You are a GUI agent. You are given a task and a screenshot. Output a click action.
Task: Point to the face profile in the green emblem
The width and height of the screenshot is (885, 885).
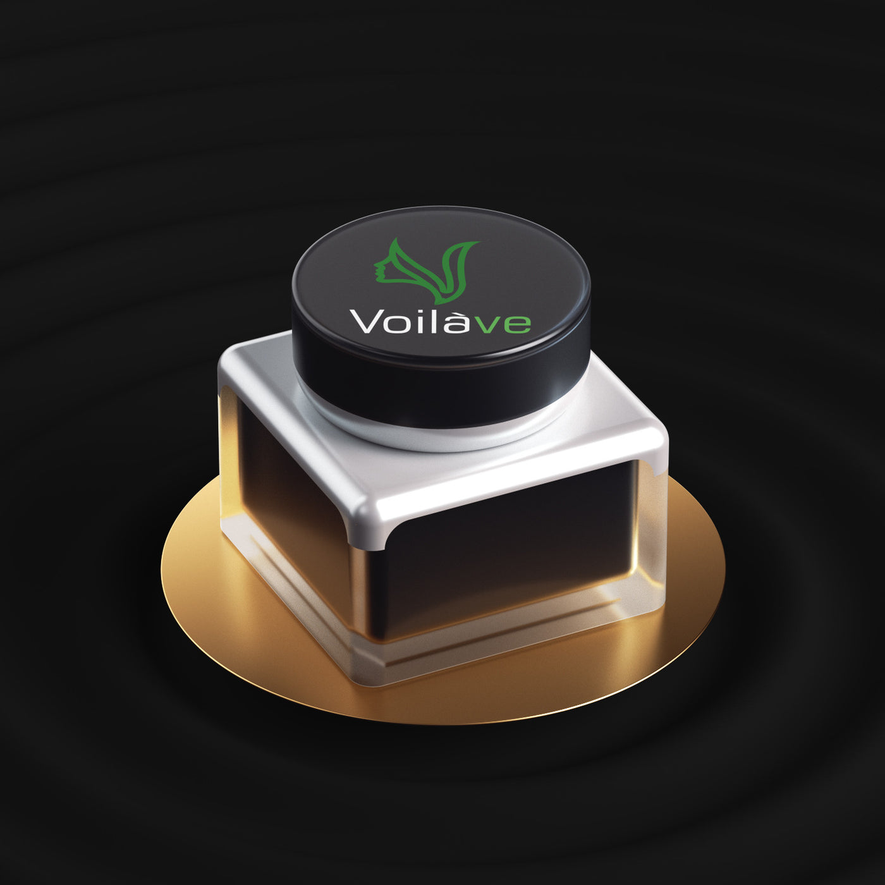(382, 271)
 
